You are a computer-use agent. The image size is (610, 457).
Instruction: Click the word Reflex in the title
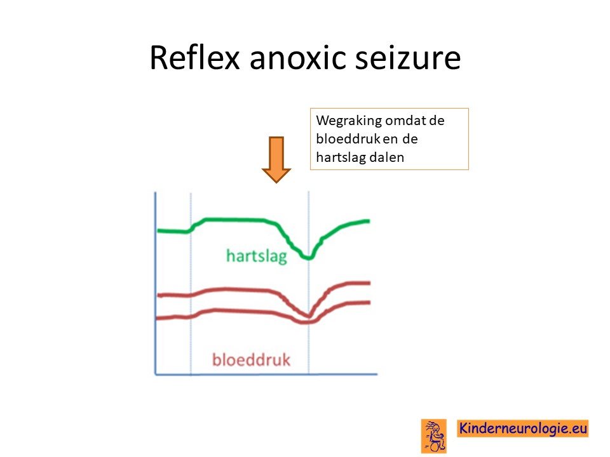click(x=194, y=58)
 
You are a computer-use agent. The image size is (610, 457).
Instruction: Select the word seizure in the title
click(x=408, y=58)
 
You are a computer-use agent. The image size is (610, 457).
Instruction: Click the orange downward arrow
click(x=276, y=159)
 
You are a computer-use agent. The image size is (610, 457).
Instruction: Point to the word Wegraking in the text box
click(x=349, y=121)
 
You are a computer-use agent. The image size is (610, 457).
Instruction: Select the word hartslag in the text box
click(x=341, y=157)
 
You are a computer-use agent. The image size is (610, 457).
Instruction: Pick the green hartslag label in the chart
click(x=257, y=256)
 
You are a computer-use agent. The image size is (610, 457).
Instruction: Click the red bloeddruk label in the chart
click(x=252, y=359)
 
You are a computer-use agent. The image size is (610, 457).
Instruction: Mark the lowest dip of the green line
click(x=309, y=258)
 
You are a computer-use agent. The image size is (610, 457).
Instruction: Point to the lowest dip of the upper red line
click(x=309, y=315)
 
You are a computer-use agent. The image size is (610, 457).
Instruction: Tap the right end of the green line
click(x=369, y=221)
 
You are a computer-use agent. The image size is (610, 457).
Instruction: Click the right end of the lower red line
click(x=369, y=302)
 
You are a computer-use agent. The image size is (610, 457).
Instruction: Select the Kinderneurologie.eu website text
click(x=523, y=428)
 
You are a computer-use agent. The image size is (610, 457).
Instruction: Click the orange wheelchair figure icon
click(x=434, y=435)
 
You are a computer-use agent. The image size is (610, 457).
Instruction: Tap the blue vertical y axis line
click(x=156, y=283)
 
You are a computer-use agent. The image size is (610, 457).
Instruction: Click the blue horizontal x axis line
click(x=266, y=374)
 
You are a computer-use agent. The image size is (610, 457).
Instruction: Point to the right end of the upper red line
click(x=369, y=283)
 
